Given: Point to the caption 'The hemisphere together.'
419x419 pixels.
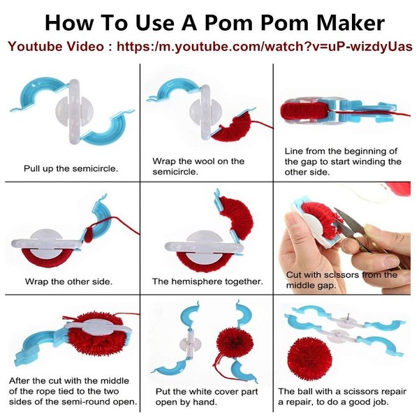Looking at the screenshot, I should click(x=207, y=282).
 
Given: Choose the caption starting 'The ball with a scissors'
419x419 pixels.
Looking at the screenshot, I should click(x=341, y=397).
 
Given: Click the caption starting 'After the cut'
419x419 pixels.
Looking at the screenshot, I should click(x=70, y=391).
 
